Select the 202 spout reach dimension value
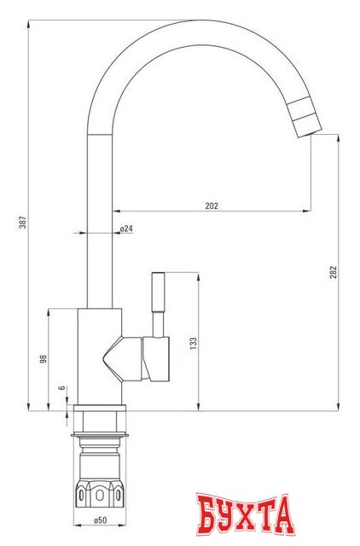(212, 205)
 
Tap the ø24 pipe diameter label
(125, 229)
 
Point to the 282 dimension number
(334, 271)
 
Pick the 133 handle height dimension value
(193, 342)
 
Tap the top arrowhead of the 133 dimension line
(200, 276)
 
